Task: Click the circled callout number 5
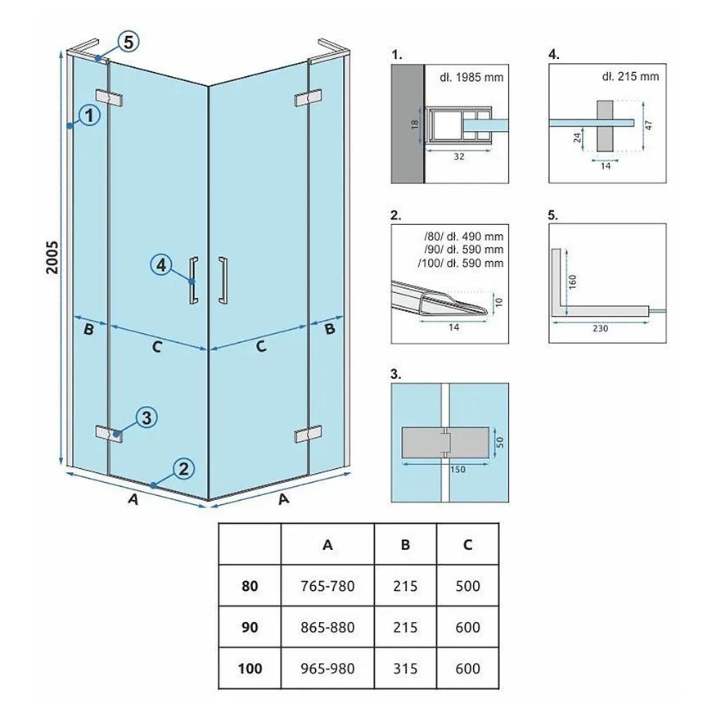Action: [128, 43]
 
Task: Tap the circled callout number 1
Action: [89, 115]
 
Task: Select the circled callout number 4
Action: [161, 265]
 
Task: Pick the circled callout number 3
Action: [146, 417]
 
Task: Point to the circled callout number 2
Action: [183, 469]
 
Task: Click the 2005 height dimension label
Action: [52, 257]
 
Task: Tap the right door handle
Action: [223, 280]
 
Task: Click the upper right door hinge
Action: [309, 97]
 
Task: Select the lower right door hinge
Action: [309, 435]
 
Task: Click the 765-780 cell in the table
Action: [327, 586]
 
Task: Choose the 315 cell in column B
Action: [405, 669]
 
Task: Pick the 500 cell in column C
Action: [467, 586]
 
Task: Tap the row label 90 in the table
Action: [250, 628]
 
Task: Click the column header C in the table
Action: [467, 544]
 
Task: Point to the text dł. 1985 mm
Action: [471, 77]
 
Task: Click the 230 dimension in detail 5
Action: [601, 328]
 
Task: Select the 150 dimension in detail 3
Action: [457, 470]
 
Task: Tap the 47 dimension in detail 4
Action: [648, 125]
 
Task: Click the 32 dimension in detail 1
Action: [459, 156]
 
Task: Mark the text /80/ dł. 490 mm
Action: [463, 237]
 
